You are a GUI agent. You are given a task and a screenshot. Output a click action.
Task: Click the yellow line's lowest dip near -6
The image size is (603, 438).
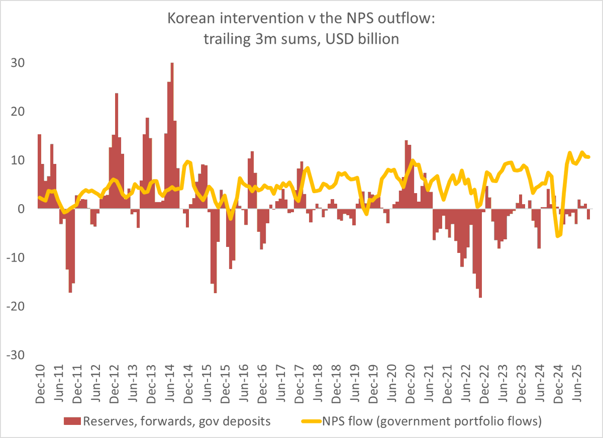[x=557, y=236]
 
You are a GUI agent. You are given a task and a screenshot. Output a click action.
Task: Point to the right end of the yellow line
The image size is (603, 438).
[x=588, y=157]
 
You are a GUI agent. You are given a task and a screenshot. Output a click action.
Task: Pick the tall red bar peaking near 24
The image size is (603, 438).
[x=117, y=151]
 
